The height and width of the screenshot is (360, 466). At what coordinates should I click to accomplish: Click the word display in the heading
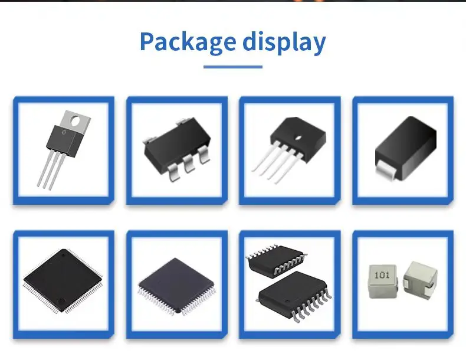click(284, 41)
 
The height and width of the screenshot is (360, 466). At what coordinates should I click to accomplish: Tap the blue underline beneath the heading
click(232, 66)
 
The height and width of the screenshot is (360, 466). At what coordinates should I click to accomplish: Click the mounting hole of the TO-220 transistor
click(75, 120)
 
